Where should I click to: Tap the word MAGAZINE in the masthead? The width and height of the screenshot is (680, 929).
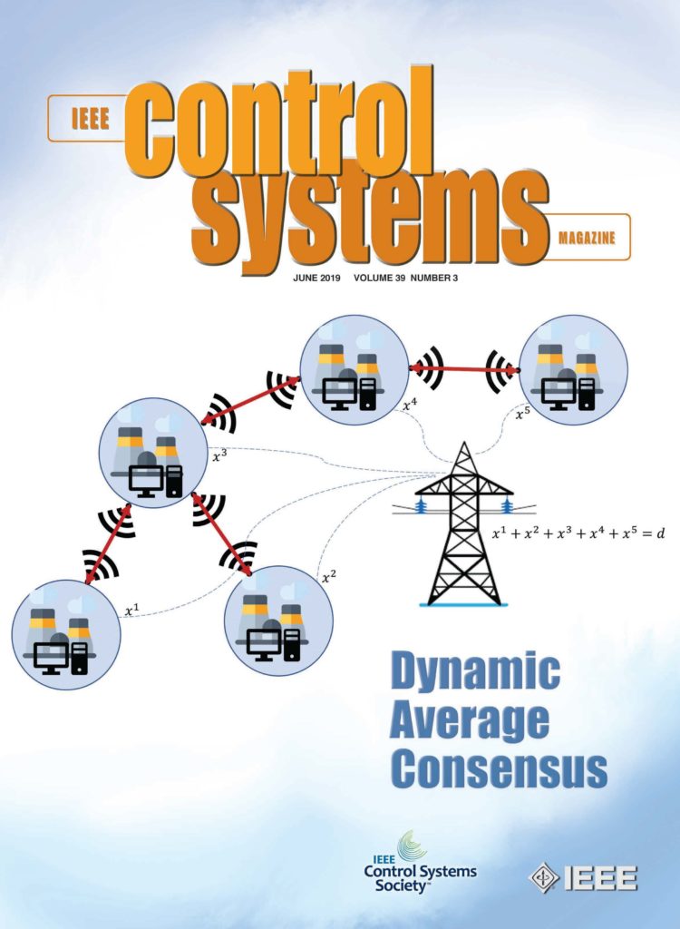point(587,239)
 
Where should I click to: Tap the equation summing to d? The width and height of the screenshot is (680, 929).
point(578,534)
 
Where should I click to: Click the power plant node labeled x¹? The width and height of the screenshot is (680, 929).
point(65,634)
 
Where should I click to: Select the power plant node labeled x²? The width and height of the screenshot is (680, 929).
point(278,620)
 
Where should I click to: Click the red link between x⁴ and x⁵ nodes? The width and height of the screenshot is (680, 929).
point(464,368)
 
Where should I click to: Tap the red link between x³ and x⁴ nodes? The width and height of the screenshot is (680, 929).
point(251,401)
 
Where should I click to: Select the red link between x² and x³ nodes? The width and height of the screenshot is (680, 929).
point(222,535)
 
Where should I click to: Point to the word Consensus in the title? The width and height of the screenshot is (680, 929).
point(498,769)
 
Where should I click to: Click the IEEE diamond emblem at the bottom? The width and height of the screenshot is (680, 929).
point(544,876)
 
